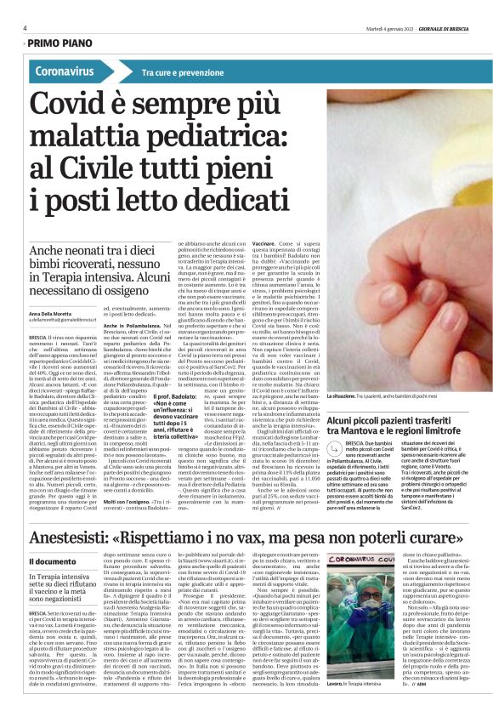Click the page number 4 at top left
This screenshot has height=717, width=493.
tap(24, 28)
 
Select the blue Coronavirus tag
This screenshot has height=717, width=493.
tap(65, 71)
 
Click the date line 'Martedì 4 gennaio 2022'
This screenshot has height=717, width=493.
tap(388, 28)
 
